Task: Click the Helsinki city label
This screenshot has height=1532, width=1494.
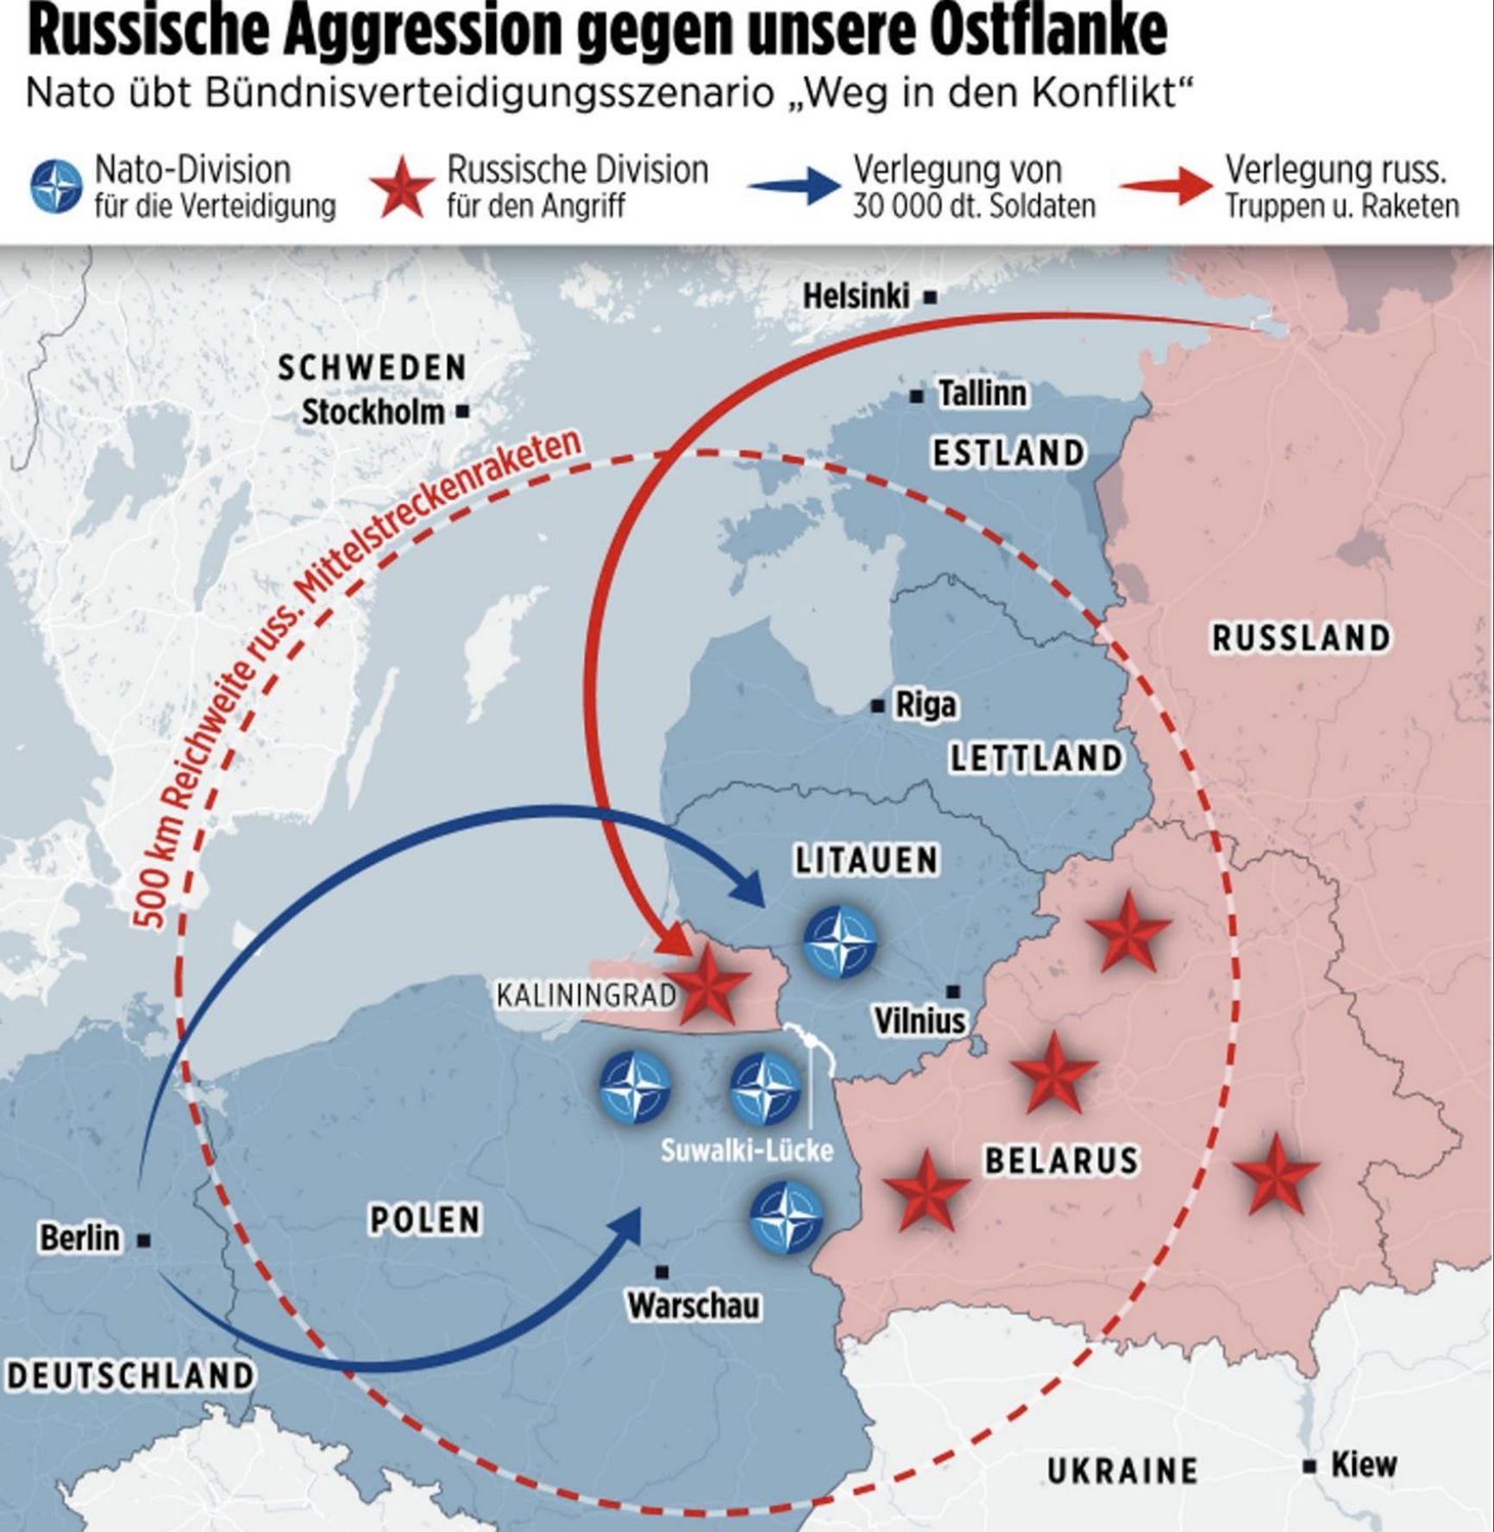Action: click(x=856, y=297)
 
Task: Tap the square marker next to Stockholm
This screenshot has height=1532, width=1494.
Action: click(x=463, y=411)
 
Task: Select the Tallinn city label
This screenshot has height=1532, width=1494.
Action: click(x=982, y=394)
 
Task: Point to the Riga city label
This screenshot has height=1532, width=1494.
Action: click(x=926, y=705)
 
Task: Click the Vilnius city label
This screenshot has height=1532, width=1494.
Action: click(x=920, y=1020)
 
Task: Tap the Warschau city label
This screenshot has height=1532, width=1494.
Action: click(x=694, y=1305)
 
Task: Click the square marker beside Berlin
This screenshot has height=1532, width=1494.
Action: click(x=145, y=1240)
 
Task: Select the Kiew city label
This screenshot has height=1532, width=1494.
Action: click(x=1364, y=1464)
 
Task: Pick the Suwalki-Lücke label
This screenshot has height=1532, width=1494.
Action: click(x=747, y=1150)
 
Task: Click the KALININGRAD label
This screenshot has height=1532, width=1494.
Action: click(x=587, y=995)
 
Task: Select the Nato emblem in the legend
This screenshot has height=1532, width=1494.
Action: click(x=57, y=187)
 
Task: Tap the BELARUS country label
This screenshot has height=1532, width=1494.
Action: click(x=1062, y=1160)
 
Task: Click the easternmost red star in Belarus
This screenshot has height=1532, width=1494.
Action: click(x=1276, y=1173)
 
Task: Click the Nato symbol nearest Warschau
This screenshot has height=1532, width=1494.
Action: click(x=786, y=1215)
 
